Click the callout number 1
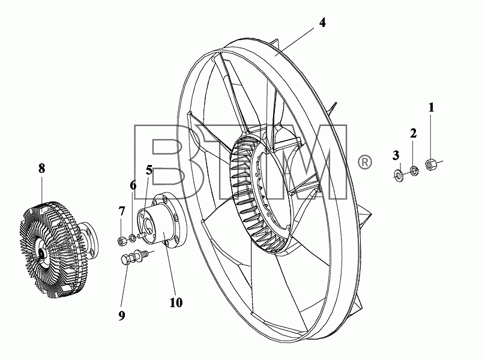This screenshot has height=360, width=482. (x=432, y=107)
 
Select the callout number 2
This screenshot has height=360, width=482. (x=414, y=133)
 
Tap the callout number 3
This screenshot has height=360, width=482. (x=396, y=155)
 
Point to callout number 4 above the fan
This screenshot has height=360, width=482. (x=322, y=22)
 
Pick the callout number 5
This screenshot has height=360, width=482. (x=149, y=170)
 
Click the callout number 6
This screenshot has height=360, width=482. (x=133, y=185)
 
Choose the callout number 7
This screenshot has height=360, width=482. (x=122, y=211)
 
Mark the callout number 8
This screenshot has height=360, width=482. (x=42, y=169)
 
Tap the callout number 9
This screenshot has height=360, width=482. (x=122, y=315)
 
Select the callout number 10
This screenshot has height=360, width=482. (x=176, y=302)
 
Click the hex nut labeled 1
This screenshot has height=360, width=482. (x=431, y=164)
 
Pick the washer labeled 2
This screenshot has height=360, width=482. (x=414, y=170)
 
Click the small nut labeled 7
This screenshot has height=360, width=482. (x=121, y=241)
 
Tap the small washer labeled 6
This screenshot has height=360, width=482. (x=132, y=238)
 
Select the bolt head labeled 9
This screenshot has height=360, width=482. (x=126, y=260)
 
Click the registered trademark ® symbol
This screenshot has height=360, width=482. (x=364, y=162)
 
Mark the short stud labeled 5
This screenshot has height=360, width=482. (x=142, y=235)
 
